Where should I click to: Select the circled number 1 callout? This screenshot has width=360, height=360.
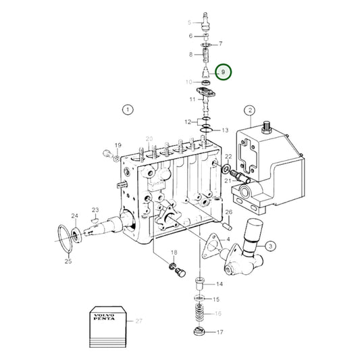(128, 109)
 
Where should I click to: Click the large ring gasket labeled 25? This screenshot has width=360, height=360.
(65, 234)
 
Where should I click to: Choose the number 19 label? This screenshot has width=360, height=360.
(117, 145)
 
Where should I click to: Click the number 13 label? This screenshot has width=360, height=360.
(225, 130)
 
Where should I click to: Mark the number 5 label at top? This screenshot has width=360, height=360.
(190, 23)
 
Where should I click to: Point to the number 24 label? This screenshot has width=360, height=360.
(75, 217)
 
